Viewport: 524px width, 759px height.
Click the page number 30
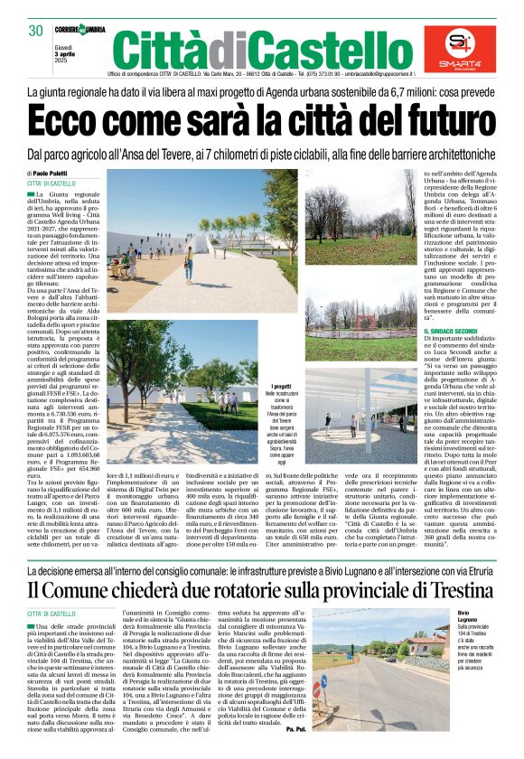(35, 30)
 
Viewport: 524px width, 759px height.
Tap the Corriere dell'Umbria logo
(80, 30)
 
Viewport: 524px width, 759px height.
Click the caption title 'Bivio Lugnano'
(466, 591)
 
